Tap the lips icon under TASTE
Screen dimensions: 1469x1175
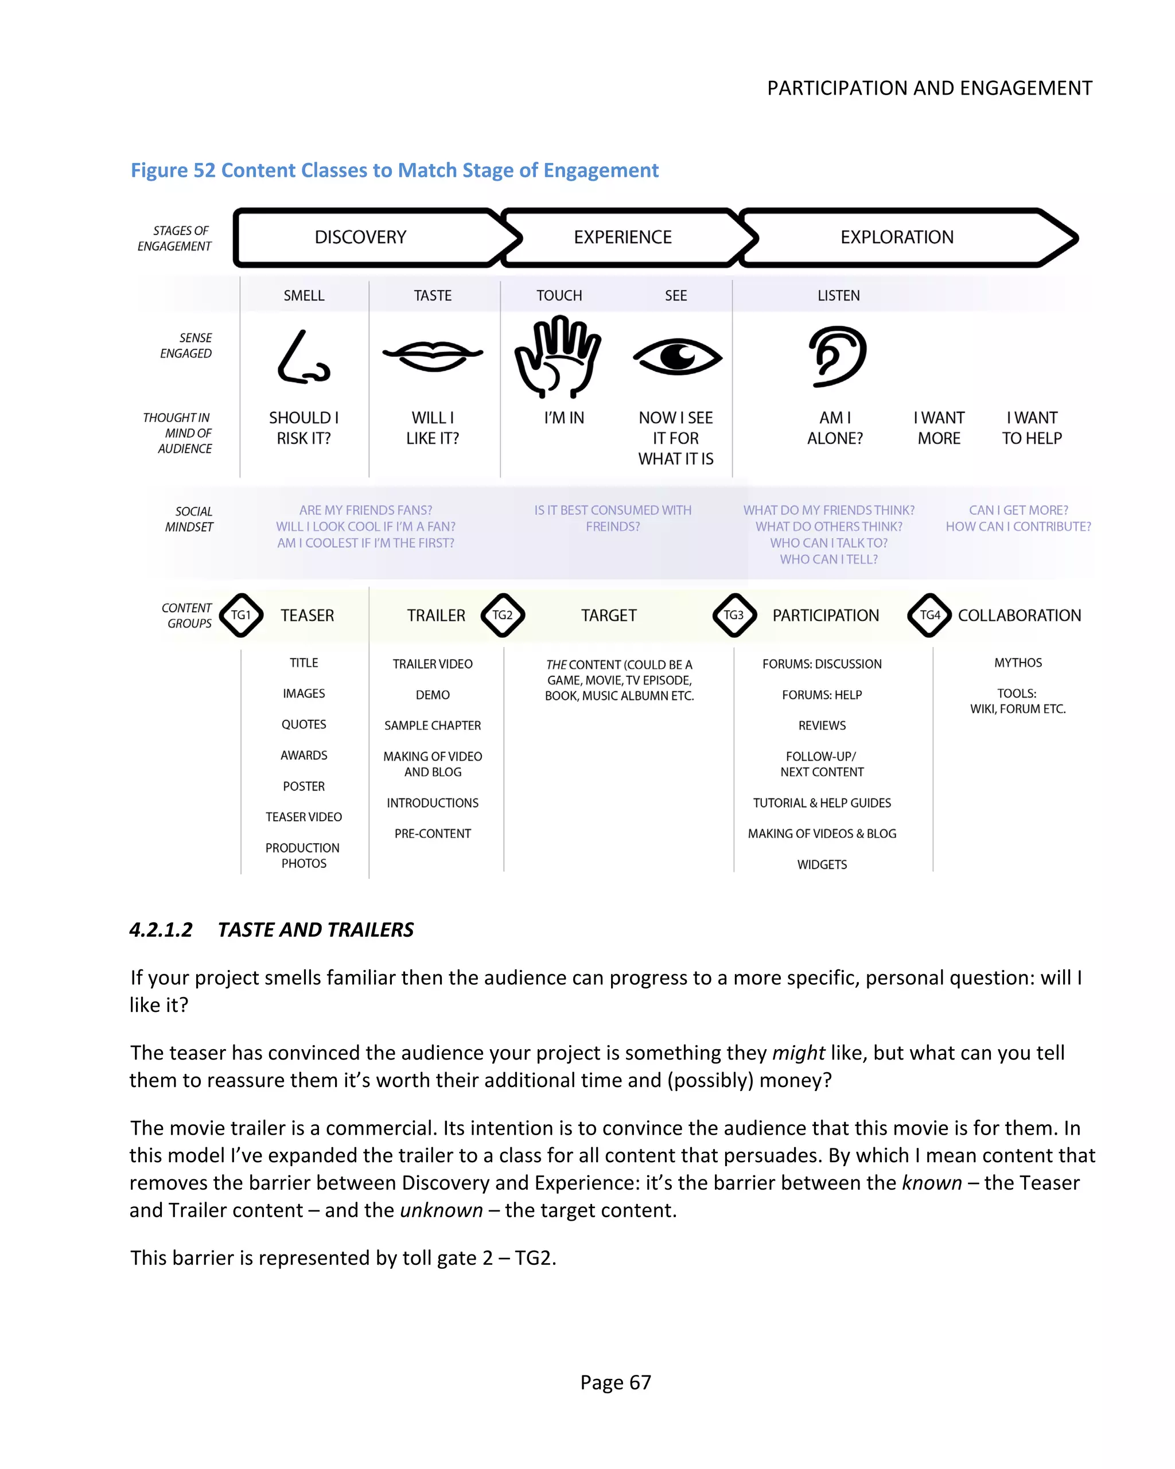tap(433, 355)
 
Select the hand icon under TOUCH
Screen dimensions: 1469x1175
tap(558, 356)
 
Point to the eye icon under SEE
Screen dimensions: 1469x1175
tap(677, 356)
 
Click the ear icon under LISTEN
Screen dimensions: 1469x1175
tap(837, 356)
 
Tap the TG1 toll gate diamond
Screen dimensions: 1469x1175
tap(240, 614)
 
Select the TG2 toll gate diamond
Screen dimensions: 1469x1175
tap(503, 614)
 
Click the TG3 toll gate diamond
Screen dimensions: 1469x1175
tap(733, 614)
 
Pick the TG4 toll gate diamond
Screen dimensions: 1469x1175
tap(929, 614)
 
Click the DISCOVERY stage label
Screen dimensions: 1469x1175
tap(360, 237)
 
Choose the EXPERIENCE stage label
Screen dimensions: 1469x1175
tap(622, 237)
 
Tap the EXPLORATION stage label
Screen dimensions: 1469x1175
tap(896, 237)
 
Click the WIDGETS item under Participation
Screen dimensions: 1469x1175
tap(822, 864)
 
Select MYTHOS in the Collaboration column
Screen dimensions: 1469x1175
tap(1018, 663)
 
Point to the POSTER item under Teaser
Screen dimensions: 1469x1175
tap(304, 786)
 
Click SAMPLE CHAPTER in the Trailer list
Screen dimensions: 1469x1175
tap(433, 726)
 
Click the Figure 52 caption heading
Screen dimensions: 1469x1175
tap(395, 170)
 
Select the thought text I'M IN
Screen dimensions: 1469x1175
tap(563, 418)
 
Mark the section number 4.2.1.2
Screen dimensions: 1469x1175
tap(162, 930)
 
